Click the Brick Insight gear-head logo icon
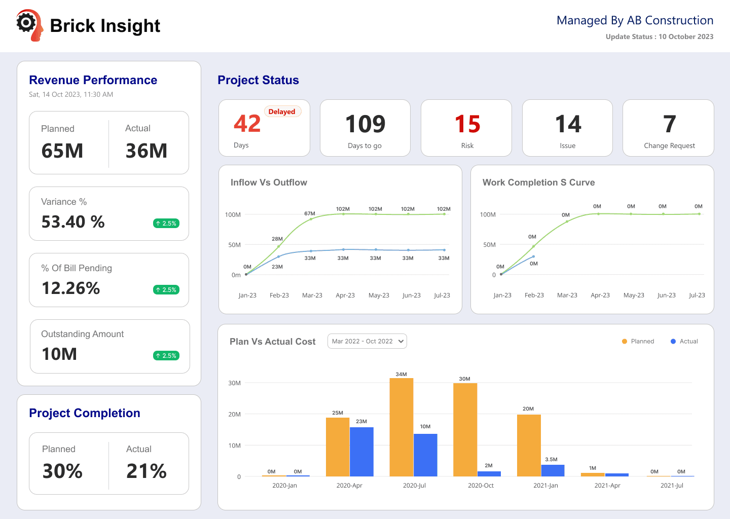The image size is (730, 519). point(29,25)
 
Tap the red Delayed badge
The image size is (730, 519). point(282,112)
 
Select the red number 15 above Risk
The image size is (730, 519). point(467,124)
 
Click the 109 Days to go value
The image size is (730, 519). point(365,124)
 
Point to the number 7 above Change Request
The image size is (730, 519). point(669,124)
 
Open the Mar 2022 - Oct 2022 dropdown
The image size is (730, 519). point(367,341)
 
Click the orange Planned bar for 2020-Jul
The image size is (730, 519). point(401,427)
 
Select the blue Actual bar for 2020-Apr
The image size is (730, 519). point(361,452)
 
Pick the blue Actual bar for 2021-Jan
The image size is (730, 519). point(553,470)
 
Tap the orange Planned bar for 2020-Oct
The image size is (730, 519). point(465,430)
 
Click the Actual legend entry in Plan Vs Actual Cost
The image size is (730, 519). point(684,341)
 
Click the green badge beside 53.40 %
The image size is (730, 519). point(166,223)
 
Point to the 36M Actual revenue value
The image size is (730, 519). point(147,151)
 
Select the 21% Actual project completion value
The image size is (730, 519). point(147,471)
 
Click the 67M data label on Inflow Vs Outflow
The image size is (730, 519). point(310,213)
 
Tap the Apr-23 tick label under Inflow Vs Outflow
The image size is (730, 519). point(345,295)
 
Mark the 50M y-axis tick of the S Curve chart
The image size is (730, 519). point(489,245)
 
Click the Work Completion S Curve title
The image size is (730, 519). point(538,182)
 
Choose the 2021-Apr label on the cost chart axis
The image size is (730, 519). point(607,485)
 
